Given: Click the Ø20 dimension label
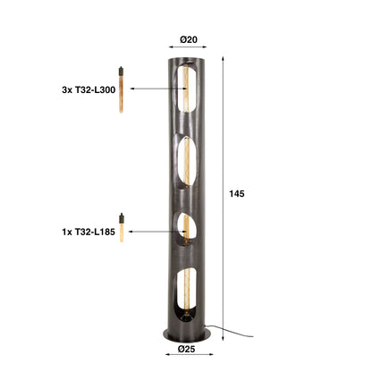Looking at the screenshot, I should pos(188,38).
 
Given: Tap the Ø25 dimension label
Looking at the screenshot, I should pos(186,348).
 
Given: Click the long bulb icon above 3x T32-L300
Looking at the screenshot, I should pos(119,90).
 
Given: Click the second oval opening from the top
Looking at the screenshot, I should pos(186,159).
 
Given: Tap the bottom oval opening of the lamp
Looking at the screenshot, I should pos(186,293).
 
